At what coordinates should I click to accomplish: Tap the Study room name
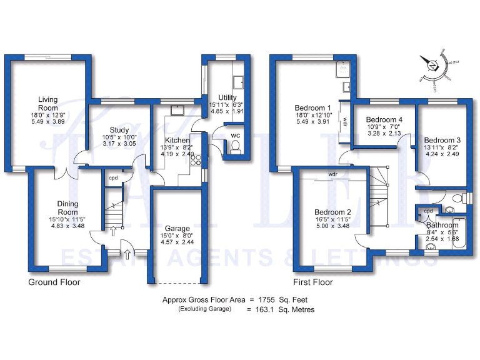[x=119, y=130]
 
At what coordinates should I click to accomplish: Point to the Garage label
[x=177, y=229]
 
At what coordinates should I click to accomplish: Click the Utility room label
[x=227, y=97]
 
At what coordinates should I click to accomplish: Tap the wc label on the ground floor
[x=235, y=134]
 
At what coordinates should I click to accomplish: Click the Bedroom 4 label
[x=384, y=120]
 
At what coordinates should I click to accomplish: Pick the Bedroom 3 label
[x=442, y=140]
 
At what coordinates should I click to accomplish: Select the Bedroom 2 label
[x=332, y=212]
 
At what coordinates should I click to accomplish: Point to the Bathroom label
[x=443, y=225]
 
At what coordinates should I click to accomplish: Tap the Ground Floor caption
[x=54, y=282]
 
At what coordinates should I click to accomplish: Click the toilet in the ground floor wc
[x=235, y=146]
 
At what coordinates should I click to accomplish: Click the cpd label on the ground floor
[x=113, y=179]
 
